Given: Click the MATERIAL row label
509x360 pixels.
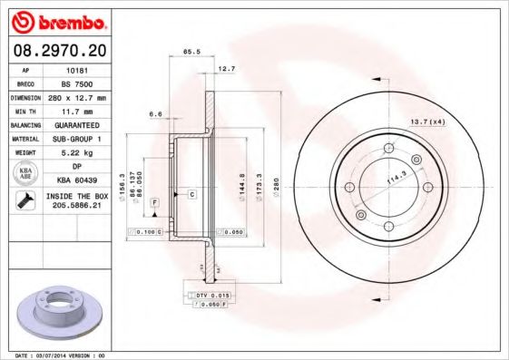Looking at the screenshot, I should pos(24,138).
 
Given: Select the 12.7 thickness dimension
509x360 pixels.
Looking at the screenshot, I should pos(227,68).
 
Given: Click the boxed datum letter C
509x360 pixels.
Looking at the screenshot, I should pos(192,195).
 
